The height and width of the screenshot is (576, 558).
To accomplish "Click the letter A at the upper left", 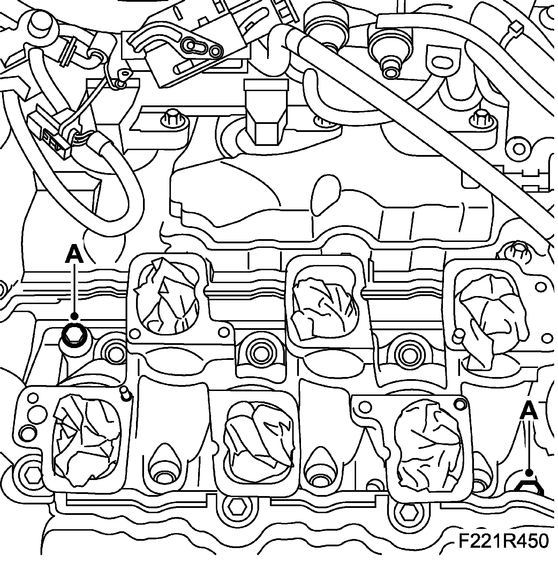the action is pyautogui.click(x=74, y=254).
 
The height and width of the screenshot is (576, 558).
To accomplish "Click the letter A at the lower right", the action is pyautogui.click(x=529, y=410).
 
